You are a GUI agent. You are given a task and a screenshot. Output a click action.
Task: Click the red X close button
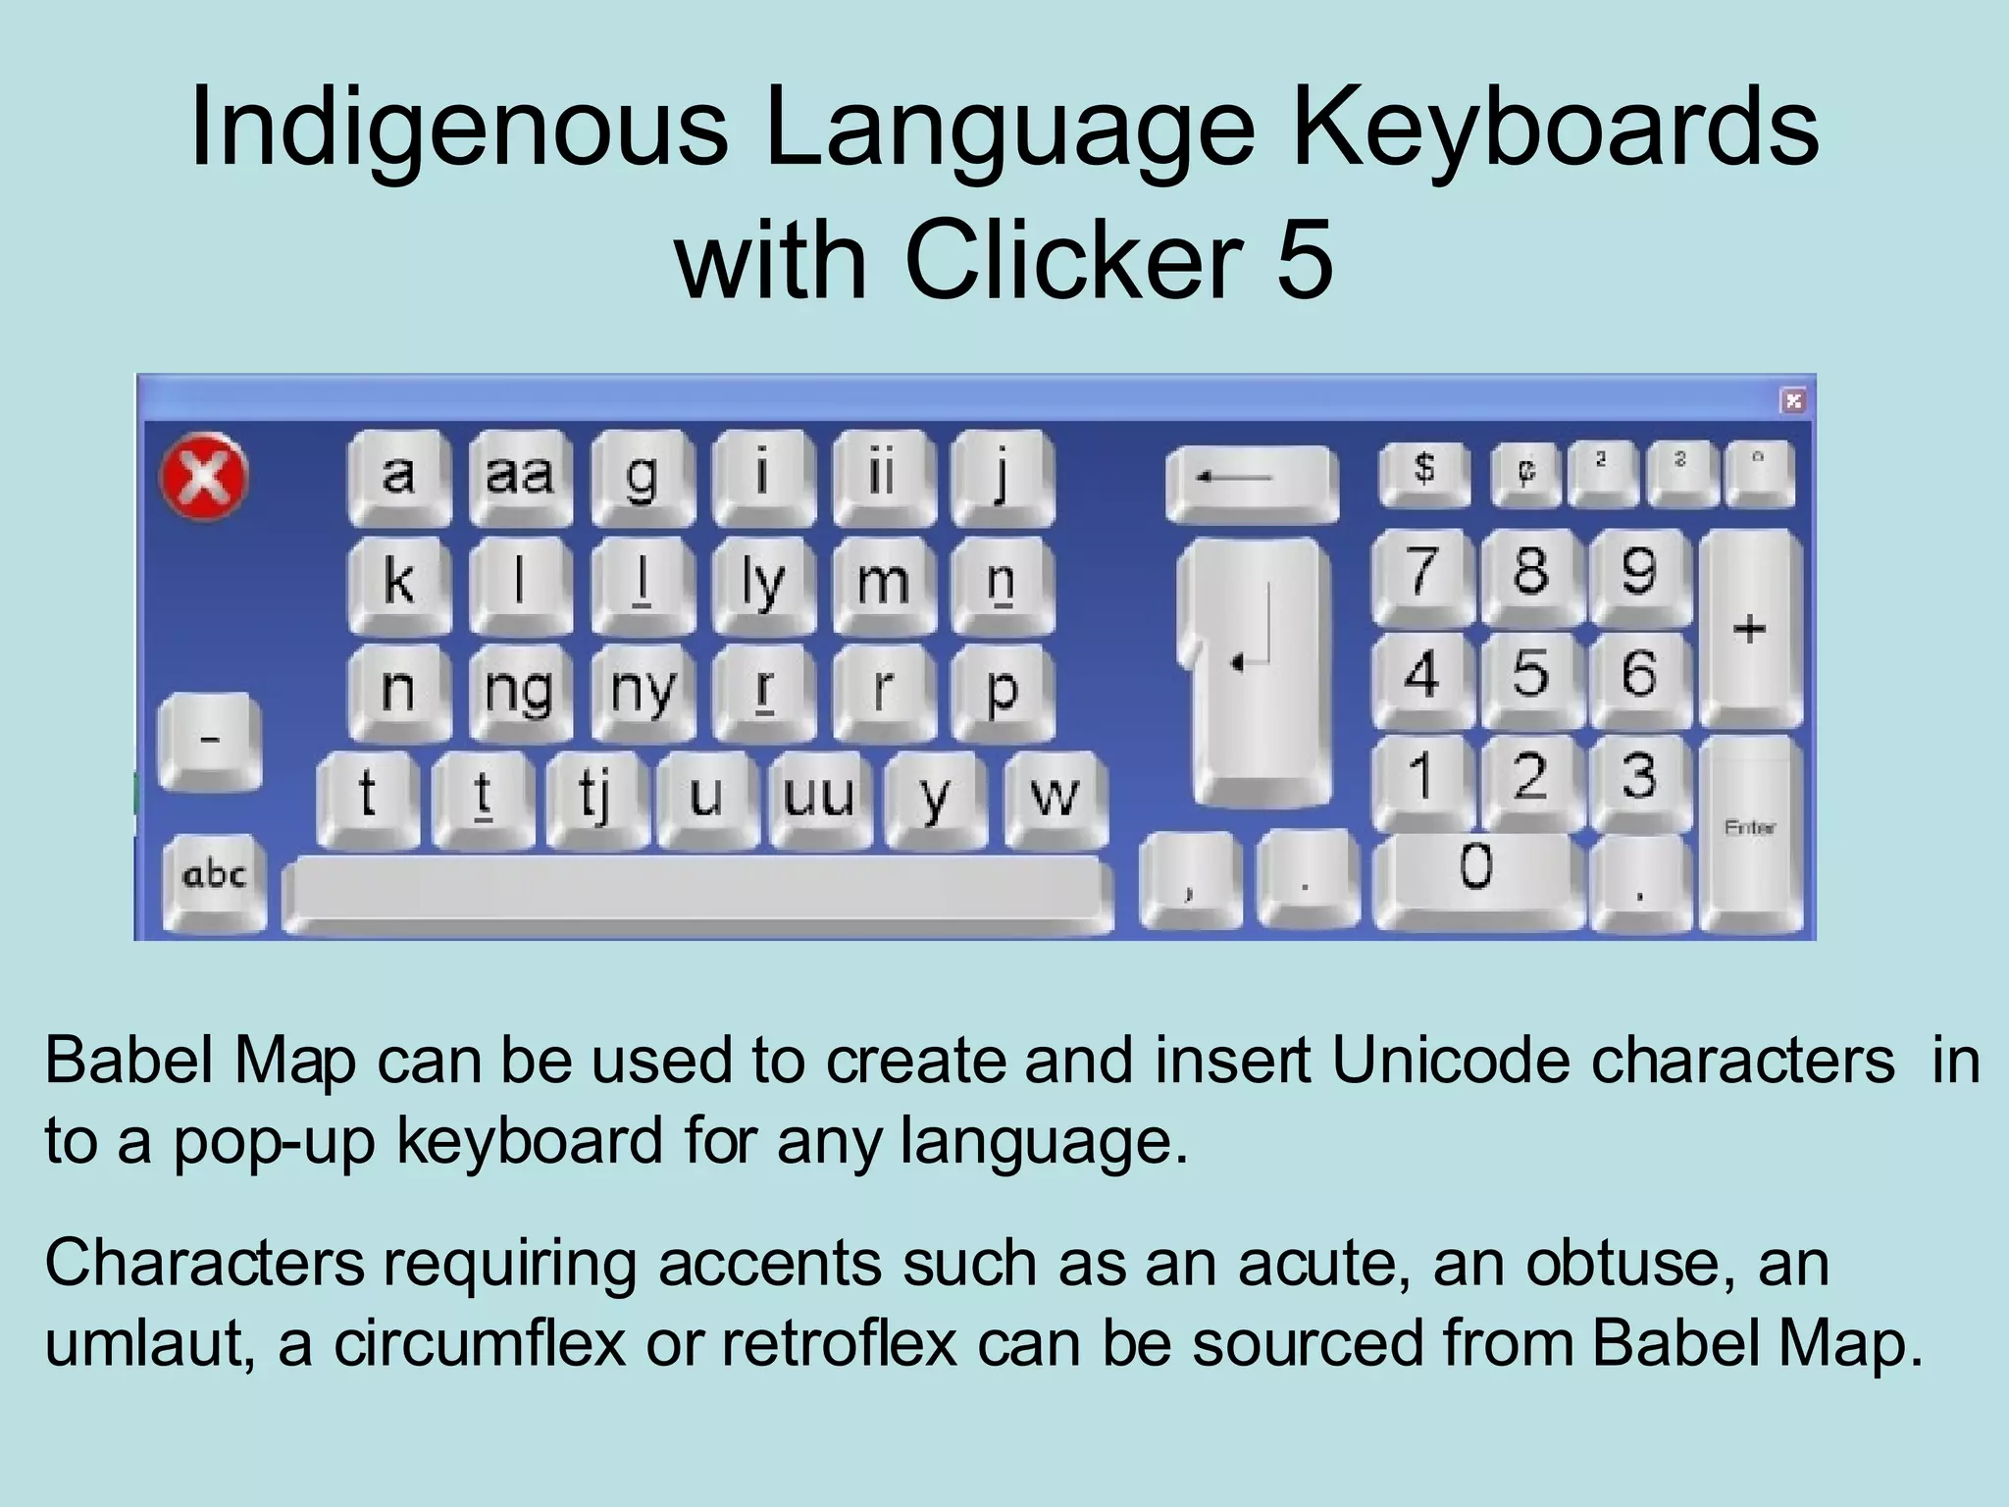(204, 477)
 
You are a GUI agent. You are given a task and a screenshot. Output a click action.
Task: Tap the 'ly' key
(762, 582)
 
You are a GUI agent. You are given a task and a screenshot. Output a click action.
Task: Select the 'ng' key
(520, 690)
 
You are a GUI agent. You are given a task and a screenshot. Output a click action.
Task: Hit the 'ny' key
(642, 690)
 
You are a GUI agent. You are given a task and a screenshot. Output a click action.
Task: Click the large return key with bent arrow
(1257, 667)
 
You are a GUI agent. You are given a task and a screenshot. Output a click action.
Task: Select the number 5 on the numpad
(1530, 674)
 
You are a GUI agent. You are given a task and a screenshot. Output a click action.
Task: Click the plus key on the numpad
(1750, 628)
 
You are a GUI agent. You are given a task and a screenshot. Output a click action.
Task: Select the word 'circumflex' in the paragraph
(479, 1343)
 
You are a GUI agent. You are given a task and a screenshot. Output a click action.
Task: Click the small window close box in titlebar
(1793, 400)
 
